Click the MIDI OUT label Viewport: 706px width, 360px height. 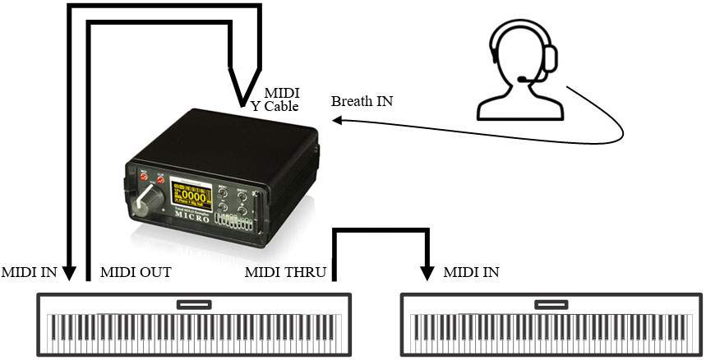[x=135, y=272]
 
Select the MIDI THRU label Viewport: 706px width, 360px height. [x=285, y=272]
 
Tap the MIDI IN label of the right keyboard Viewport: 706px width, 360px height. [x=470, y=272]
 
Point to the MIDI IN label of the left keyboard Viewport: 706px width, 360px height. [x=30, y=272]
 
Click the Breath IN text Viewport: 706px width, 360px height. [x=362, y=102]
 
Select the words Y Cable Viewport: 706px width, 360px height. [x=276, y=106]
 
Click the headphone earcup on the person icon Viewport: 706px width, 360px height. [x=549, y=58]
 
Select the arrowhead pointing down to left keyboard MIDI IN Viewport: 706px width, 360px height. [x=70, y=270]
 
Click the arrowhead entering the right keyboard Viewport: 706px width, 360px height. [x=427, y=270]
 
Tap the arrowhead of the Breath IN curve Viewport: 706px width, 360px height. [x=338, y=120]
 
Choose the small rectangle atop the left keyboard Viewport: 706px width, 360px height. [x=194, y=304]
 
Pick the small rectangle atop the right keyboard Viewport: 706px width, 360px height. [x=552, y=304]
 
